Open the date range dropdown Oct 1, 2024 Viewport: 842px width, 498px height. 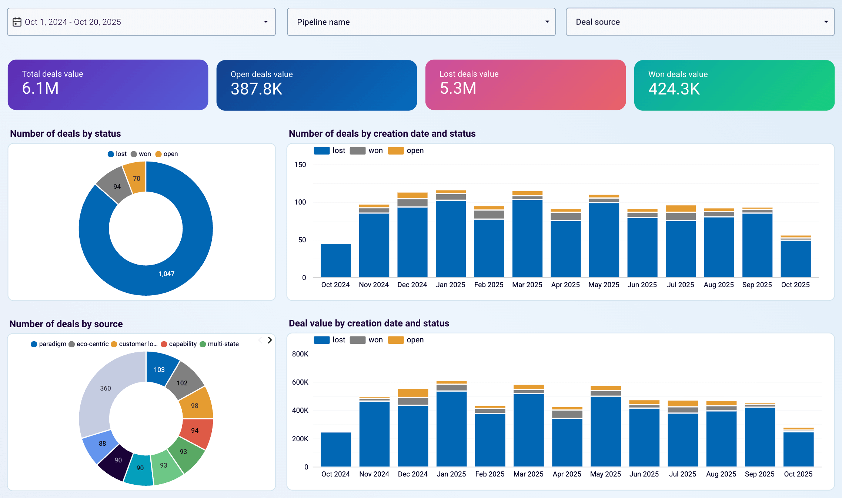(x=141, y=22)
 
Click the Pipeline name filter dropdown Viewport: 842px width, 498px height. (x=421, y=22)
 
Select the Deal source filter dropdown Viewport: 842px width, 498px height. (x=700, y=22)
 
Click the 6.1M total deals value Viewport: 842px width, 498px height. (x=40, y=89)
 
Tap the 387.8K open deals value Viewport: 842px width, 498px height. (x=256, y=89)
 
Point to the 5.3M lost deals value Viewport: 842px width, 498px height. (x=458, y=89)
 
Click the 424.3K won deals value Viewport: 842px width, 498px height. (x=674, y=89)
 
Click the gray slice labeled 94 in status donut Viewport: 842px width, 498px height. (x=117, y=186)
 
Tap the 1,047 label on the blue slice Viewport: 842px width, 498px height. (x=166, y=274)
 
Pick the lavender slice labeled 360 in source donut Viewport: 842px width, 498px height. (x=105, y=388)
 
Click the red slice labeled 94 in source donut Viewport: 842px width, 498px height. (x=195, y=430)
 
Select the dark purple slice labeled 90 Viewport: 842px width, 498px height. (x=118, y=460)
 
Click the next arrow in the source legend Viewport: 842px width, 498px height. (x=270, y=340)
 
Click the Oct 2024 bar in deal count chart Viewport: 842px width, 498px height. (x=335, y=260)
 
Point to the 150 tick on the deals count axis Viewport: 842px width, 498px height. (x=300, y=165)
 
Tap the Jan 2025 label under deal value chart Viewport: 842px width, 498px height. (x=451, y=474)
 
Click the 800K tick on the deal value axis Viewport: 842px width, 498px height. (x=300, y=354)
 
